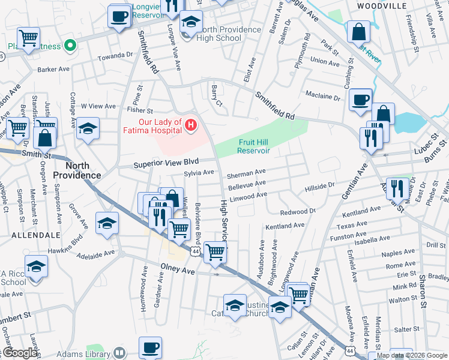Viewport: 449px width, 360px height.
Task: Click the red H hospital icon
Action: [191, 125]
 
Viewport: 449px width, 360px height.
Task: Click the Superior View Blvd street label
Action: [166, 163]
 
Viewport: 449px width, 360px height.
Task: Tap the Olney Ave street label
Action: [178, 271]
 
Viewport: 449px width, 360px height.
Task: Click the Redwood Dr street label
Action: [298, 212]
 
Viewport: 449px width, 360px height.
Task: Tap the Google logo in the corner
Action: [20, 353]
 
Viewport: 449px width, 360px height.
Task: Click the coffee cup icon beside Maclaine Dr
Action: [360, 100]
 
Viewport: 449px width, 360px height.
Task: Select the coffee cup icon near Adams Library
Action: [150, 347]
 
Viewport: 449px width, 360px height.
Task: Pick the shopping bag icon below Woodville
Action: [358, 31]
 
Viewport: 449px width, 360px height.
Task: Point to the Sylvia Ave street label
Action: [199, 173]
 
